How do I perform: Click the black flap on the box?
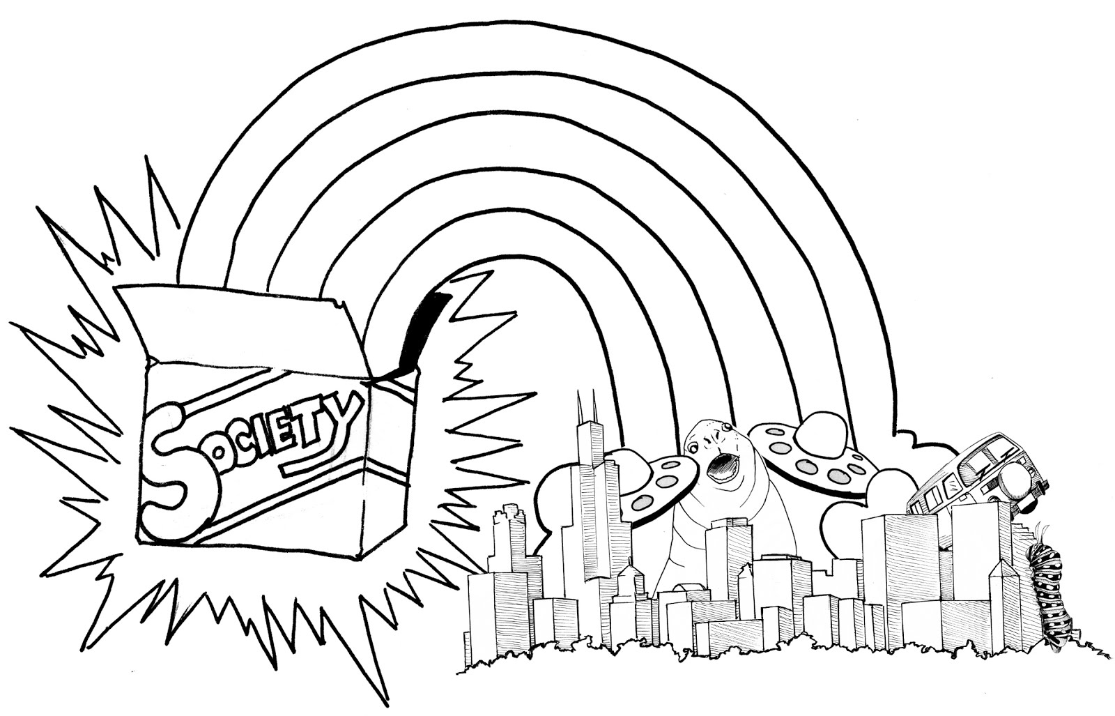422,328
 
